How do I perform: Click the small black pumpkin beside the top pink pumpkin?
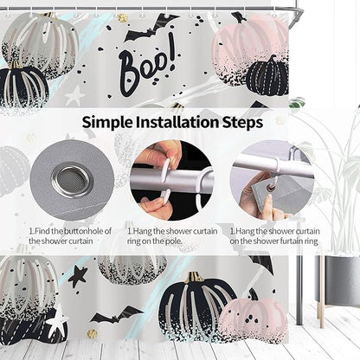click(268, 76)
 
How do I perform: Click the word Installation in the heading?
click(178, 122)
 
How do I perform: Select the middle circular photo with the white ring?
click(170, 181)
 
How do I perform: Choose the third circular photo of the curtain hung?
click(271, 181)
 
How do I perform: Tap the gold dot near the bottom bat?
click(92, 334)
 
